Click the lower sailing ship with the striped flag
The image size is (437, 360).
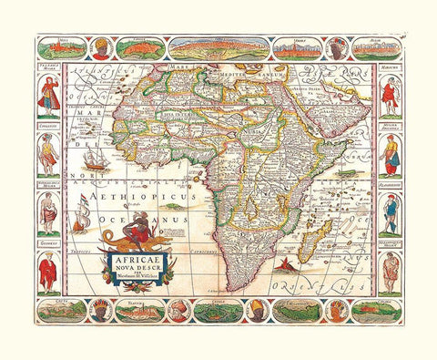pos(83,217)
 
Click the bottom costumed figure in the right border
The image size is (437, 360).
pos(390,270)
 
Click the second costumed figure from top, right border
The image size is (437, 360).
pos(390,150)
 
